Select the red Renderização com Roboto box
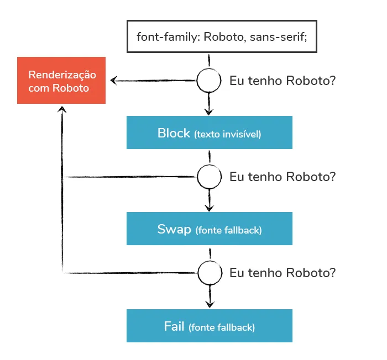click(x=62, y=81)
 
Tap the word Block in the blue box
click(x=174, y=133)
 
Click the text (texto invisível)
click(x=227, y=134)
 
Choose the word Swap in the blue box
click(x=174, y=229)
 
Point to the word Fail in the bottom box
click(x=174, y=326)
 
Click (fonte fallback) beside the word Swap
click(x=228, y=230)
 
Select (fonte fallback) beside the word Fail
click(x=222, y=327)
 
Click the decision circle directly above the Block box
click(x=209, y=81)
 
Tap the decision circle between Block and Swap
click(x=209, y=177)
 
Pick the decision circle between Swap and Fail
click(x=209, y=272)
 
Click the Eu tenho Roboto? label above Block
click(x=283, y=81)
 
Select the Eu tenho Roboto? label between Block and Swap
click(x=283, y=177)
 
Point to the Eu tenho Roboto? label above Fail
click(x=283, y=272)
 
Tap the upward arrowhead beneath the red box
click(x=62, y=111)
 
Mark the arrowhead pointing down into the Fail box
click(x=209, y=303)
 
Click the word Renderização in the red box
click(x=62, y=75)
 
